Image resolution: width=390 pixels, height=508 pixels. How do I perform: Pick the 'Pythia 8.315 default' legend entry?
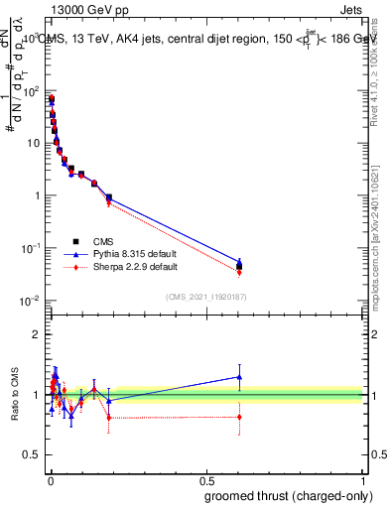[129, 254]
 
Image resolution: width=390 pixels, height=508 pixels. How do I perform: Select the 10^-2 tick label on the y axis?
[32, 300]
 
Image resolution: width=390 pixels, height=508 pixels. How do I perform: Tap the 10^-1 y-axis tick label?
[32, 248]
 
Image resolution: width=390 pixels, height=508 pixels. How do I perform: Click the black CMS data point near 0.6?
[239, 266]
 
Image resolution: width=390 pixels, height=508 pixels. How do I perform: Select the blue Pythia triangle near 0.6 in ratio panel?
[239, 377]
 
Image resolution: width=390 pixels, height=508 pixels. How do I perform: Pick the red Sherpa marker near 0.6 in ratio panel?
[239, 417]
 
